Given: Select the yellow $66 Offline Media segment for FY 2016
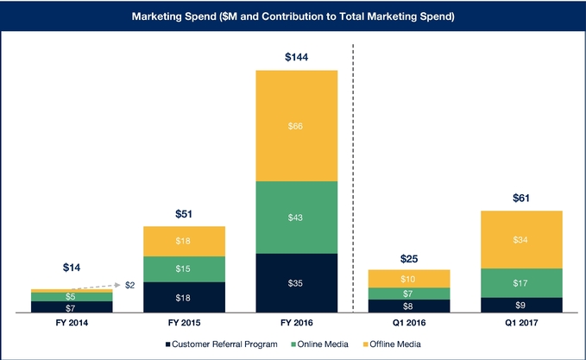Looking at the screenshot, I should (x=296, y=125).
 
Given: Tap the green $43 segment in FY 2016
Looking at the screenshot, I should (x=296, y=217).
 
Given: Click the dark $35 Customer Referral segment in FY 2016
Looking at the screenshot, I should (x=296, y=282).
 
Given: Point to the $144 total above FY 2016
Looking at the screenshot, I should (x=296, y=58).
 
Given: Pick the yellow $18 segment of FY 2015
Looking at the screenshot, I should (x=184, y=241).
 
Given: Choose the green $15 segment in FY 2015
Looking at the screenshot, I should (x=184, y=268).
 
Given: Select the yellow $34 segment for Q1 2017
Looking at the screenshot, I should (x=521, y=239).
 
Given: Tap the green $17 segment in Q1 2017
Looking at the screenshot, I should (x=521, y=282).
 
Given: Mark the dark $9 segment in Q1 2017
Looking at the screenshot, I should (x=521, y=304).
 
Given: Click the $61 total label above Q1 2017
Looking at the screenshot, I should (x=521, y=199).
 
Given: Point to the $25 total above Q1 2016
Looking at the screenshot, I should (x=409, y=258).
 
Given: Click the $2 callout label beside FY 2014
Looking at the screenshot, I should (x=130, y=284).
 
